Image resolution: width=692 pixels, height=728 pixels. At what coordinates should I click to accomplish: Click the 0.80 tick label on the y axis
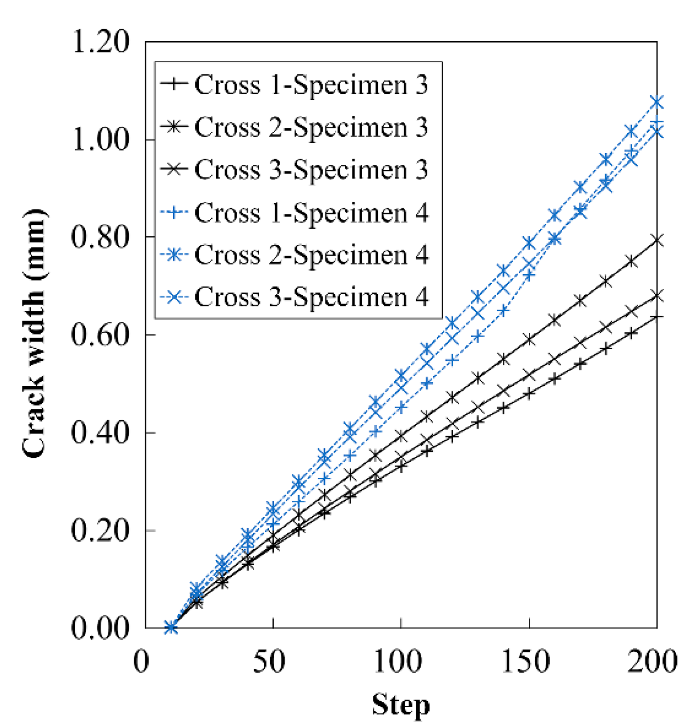coord(101,237)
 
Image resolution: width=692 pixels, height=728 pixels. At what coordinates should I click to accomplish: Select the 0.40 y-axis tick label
coord(101,433)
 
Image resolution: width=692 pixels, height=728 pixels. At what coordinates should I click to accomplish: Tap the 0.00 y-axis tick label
coord(101,628)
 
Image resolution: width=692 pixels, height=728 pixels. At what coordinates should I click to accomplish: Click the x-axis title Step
coord(401,704)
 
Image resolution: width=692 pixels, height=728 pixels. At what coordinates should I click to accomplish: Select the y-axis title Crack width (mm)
coord(34,334)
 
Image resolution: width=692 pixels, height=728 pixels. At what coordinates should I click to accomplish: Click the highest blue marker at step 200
coord(657,102)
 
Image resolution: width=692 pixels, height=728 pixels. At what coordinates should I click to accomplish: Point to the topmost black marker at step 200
coord(657,240)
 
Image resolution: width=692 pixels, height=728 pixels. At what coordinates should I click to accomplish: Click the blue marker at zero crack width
coord(171,628)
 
